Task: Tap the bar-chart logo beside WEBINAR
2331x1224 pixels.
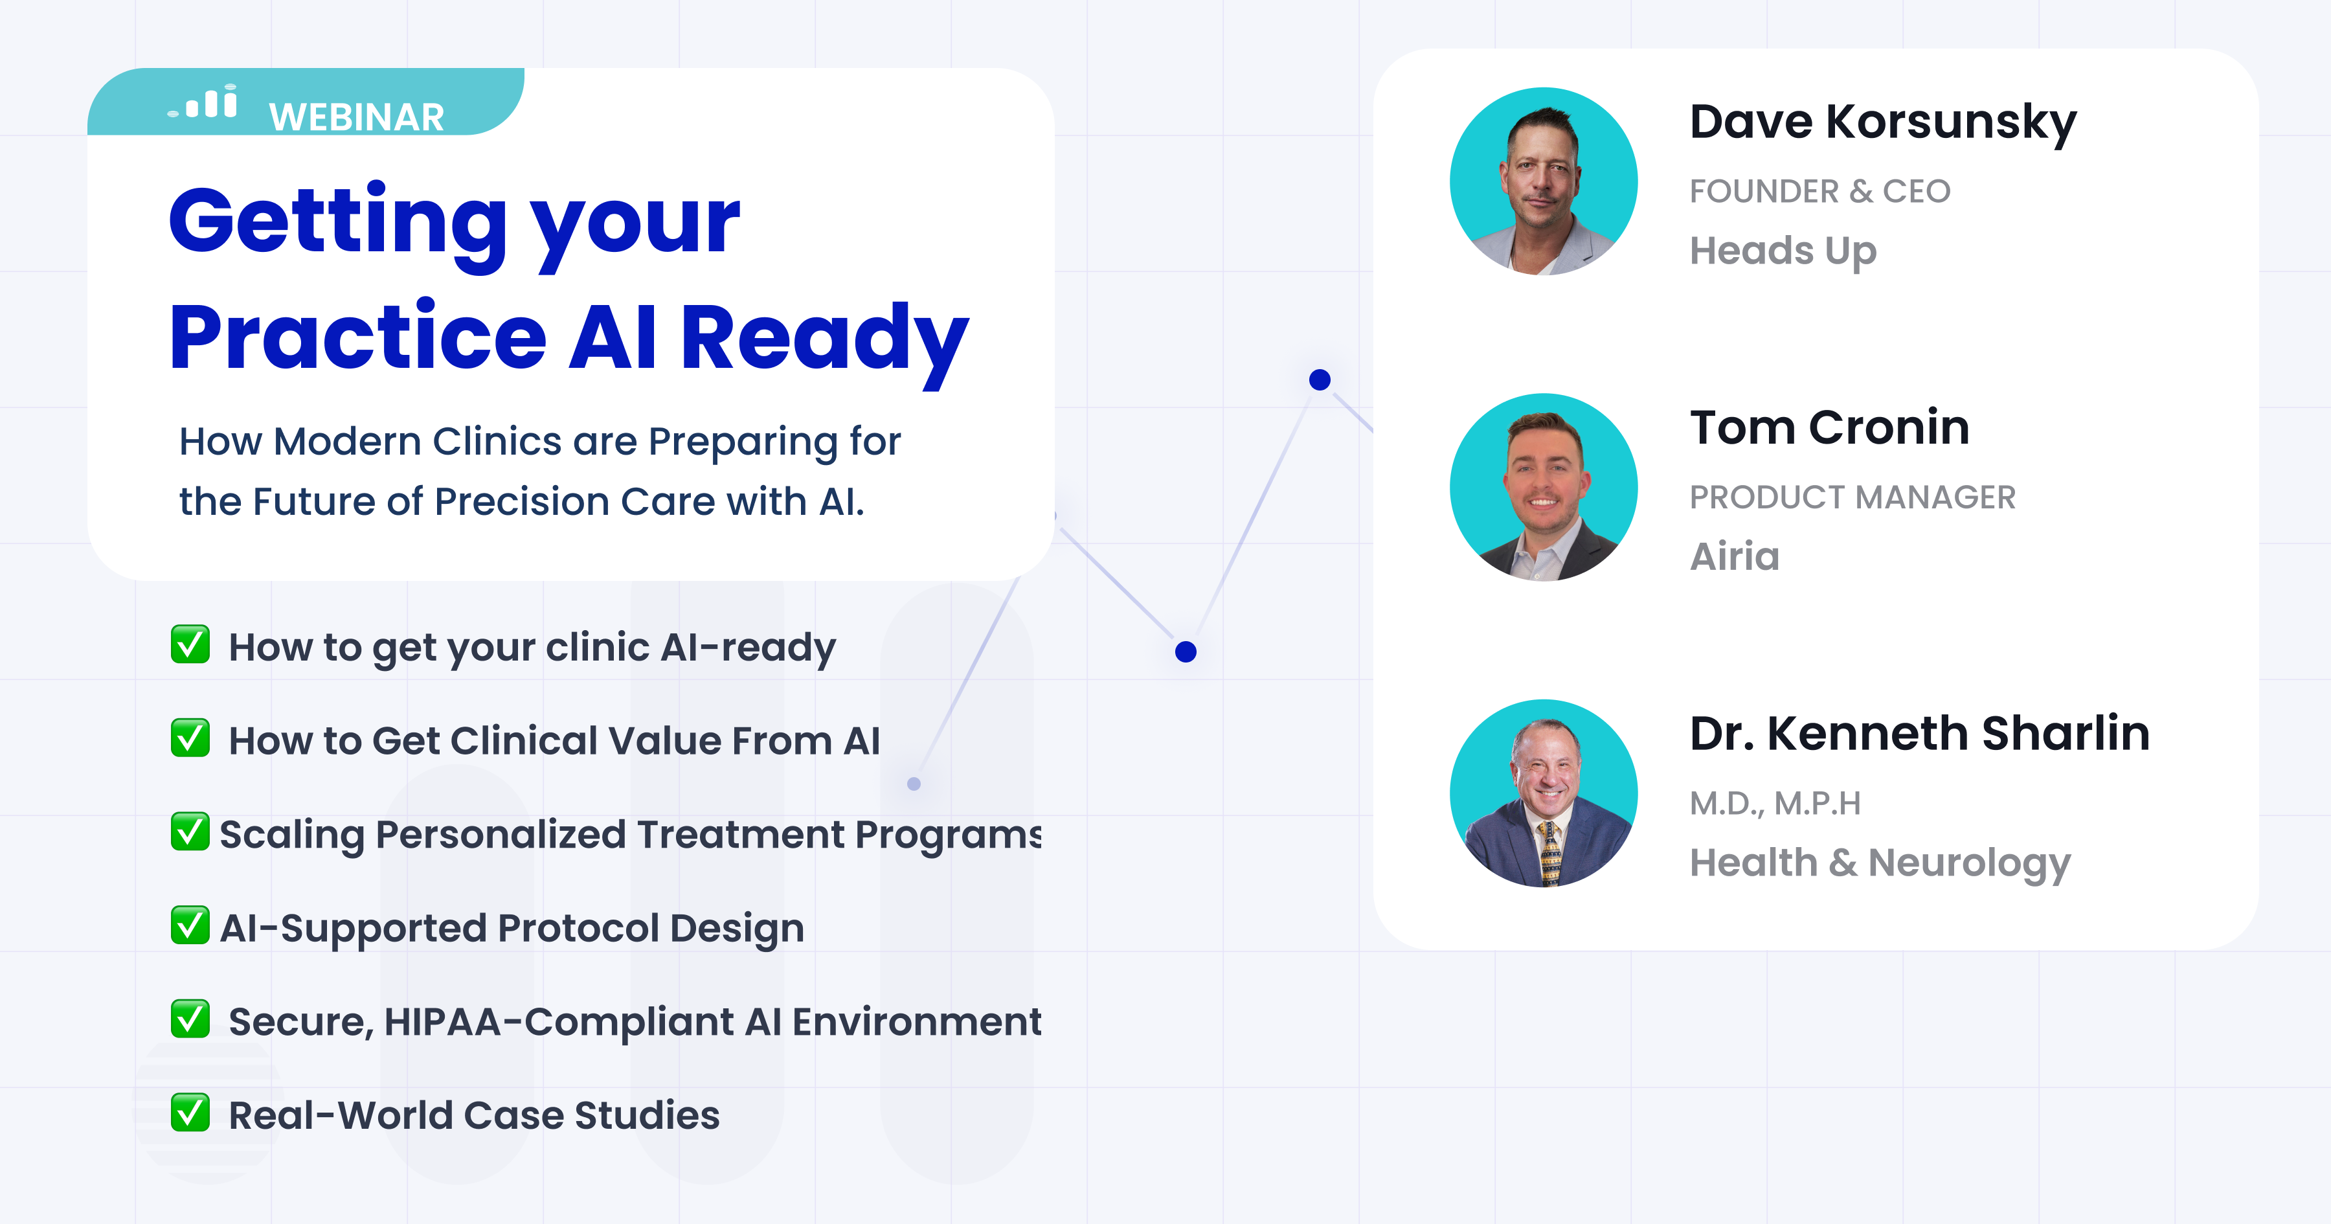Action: pos(203,102)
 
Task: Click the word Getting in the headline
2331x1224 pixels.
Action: pos(337,223)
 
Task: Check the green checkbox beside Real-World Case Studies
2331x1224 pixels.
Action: pos(190,1113)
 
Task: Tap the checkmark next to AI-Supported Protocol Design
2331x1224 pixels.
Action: pos(190,925)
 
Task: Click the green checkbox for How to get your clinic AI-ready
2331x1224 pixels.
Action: pos(190,644)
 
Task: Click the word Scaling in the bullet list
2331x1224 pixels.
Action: pos(291,835)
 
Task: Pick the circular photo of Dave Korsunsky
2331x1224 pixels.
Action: pos(1544,181)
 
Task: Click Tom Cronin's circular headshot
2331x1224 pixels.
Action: pos(1544,487)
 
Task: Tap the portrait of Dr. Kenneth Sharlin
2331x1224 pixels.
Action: pos(1544,793)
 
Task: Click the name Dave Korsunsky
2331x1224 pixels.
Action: pos(1883,123)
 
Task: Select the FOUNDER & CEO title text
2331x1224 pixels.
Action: pos(1819,192)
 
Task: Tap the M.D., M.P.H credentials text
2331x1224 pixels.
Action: pos(1775,804)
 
